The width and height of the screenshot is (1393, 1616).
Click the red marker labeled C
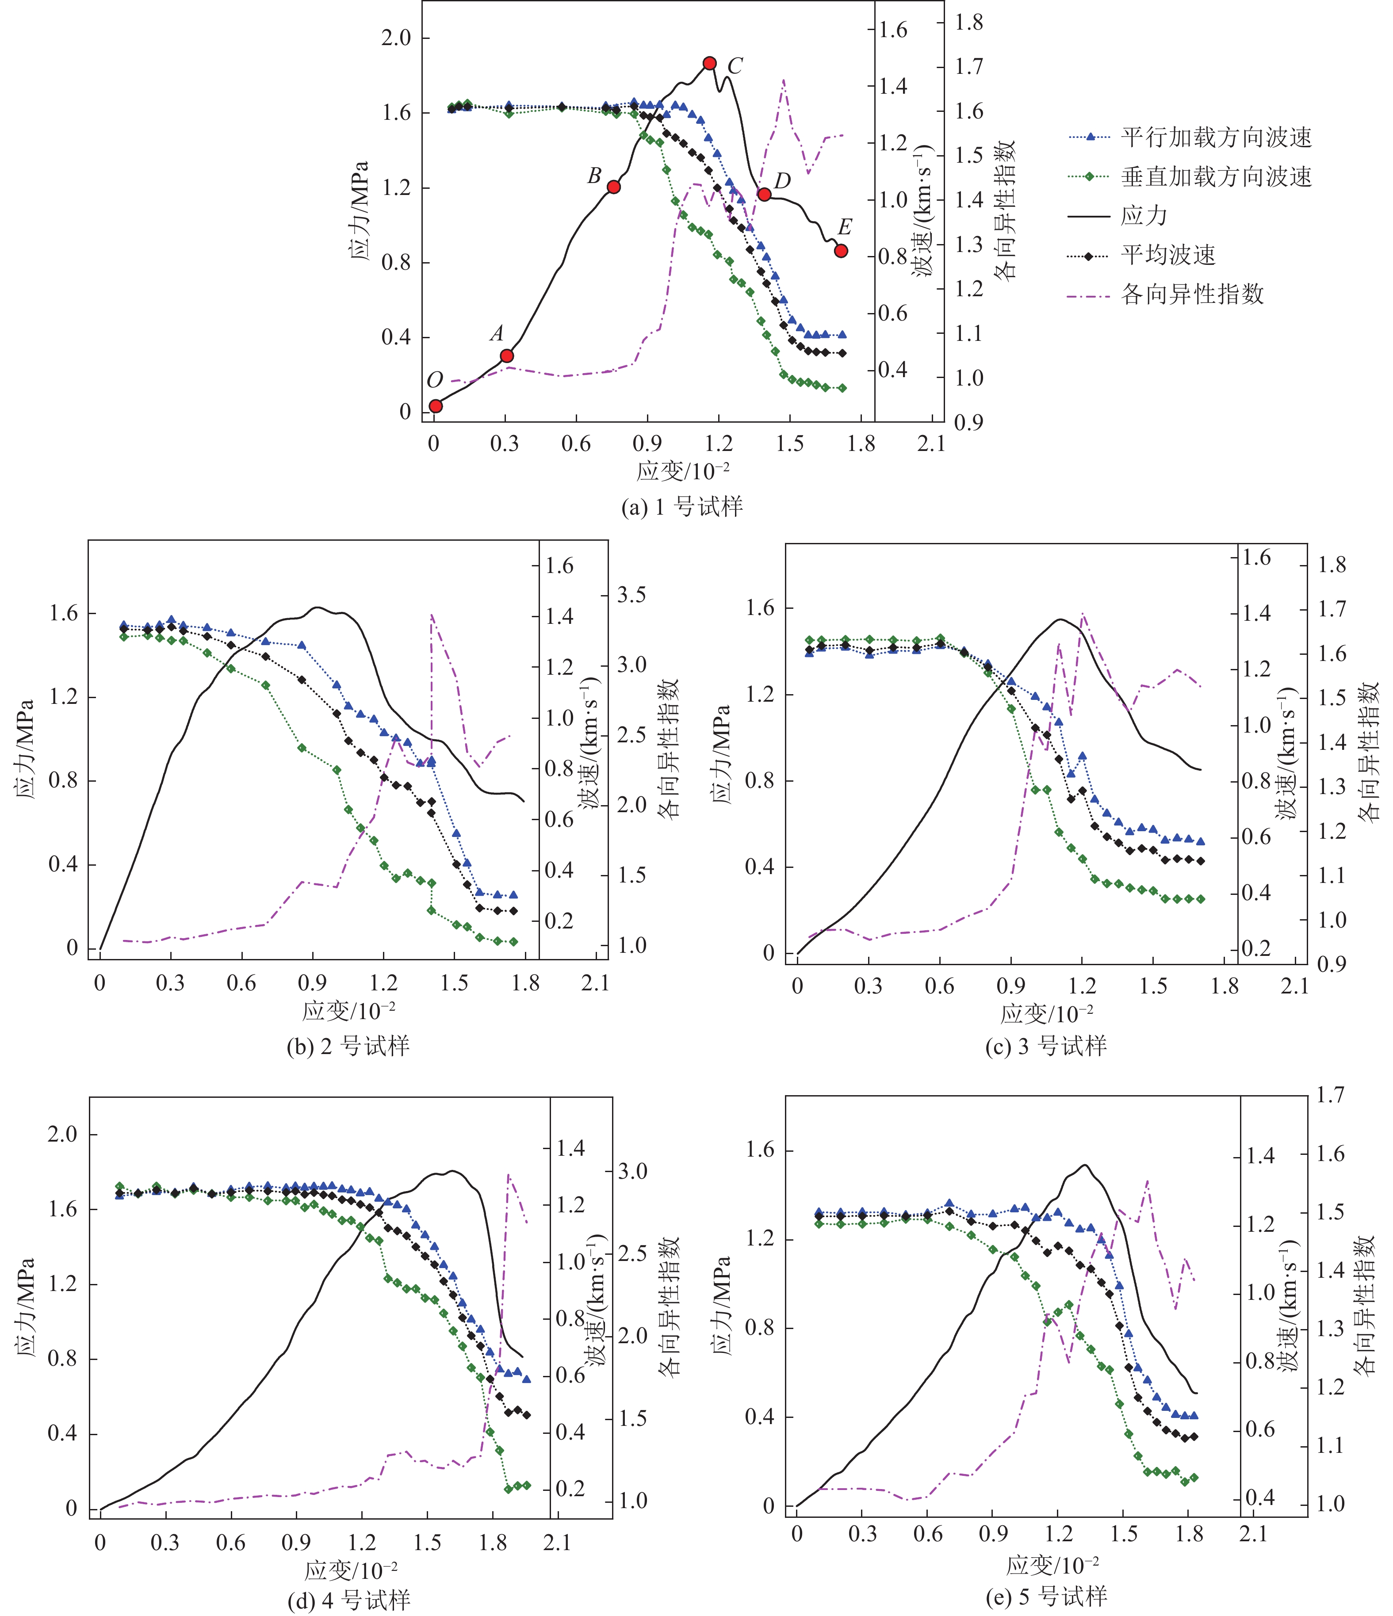pyautogui.click(x=709, y=63)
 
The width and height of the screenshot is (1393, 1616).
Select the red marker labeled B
pyautogui.click(x=614, y=187)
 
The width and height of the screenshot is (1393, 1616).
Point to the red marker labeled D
pyautogui.click(x=764, y=194)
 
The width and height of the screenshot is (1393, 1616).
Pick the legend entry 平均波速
pyautogui.click(x=1167, y=255)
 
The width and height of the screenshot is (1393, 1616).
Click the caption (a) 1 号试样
pyautogui.click(x=681, y=508)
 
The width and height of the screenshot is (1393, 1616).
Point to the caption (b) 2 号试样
pyautogui.click(x=348, y=1046)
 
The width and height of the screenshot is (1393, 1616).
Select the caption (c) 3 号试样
pyautogui.click(x=1046, y=1046)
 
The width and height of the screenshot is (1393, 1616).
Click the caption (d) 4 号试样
pyautogui.click(x=348, y=1601)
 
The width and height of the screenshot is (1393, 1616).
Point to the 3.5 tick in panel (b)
pyautogui.click(x=632, y=595)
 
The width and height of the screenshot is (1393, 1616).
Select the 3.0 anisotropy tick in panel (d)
pyautogui.click(x=632, y=1171)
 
